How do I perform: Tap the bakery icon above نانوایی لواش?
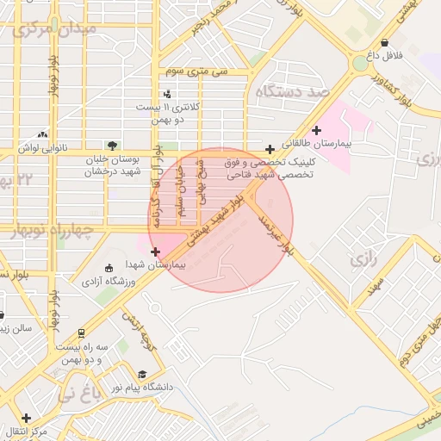(x=43, y=134)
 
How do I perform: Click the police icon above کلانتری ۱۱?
(x=167, y=93)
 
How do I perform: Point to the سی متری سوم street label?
(x=199, y=71)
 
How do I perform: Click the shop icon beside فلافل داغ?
(x=384, y=42)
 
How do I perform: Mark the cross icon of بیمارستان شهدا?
(x=155, y=252)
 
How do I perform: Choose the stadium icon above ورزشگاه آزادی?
(x=108, y=268)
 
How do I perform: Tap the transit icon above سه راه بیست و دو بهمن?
(x=81, y=332)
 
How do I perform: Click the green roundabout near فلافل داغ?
(x=359, y=64)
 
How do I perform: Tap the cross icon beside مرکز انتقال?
(x=26, y=418)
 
